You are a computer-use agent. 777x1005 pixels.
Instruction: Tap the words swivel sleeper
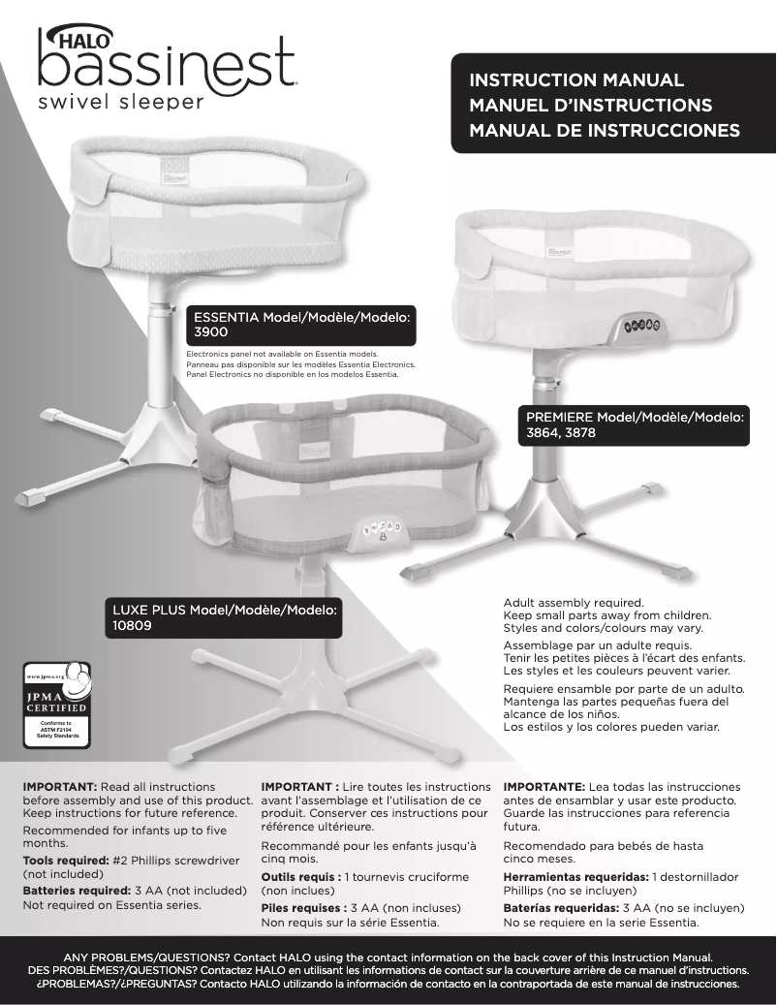point(121,103)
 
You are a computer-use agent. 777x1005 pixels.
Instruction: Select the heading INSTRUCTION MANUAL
point(576,80)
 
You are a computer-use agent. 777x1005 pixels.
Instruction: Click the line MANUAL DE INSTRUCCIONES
point(604,130)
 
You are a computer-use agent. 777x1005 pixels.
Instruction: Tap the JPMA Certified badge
point(56,705)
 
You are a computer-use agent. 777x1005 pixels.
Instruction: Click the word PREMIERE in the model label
point(559,418)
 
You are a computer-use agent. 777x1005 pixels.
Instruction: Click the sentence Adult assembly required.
point(574,603)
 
